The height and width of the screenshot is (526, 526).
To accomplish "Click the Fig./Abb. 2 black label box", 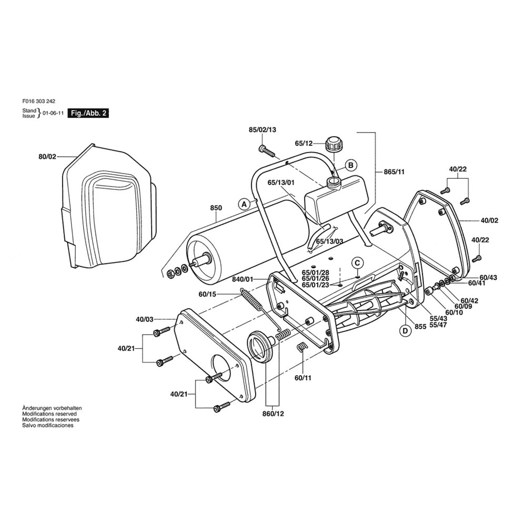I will tap(89, 113).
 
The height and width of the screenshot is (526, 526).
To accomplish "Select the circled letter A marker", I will tap(243, 203).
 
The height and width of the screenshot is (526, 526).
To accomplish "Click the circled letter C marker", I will tap(357, 262).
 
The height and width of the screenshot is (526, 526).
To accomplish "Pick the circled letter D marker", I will tap(405, 330).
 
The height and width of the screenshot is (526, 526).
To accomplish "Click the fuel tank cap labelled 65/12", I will tap(333, 144).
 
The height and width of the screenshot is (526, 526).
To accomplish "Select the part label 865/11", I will tap(394, 171).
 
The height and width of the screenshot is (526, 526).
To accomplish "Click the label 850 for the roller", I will tap(216, 208).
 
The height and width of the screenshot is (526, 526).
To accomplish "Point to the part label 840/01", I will tap(242, 280).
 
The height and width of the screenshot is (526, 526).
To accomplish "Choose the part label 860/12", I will tap(274, 413).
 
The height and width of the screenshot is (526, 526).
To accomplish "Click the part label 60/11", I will tap(304, 378).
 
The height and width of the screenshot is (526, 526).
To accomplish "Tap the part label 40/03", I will tap(145, 319).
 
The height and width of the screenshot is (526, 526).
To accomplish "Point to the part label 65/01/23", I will tap(316, 285).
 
